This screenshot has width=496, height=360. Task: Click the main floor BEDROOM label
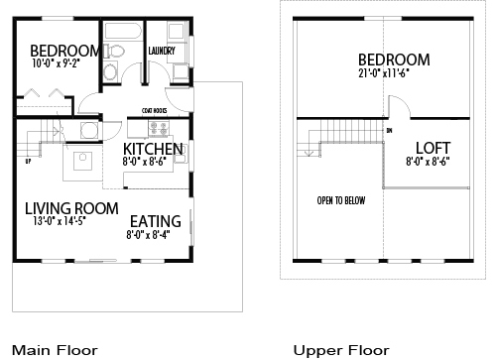point(65,52)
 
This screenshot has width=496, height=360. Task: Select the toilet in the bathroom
point(115,51)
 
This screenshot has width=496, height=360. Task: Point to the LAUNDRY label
point(162,51)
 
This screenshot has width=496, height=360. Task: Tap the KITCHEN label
point(153,150)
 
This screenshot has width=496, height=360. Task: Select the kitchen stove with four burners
point(159,128)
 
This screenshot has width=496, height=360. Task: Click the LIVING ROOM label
point(71,208)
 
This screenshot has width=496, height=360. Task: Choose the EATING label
point(154,220)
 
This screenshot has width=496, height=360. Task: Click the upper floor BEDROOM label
point(394,59)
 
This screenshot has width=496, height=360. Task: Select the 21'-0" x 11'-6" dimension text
point(390,72)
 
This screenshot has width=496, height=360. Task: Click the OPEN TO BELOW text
point(341,200)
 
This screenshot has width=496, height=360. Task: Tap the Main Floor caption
point(55,350)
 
